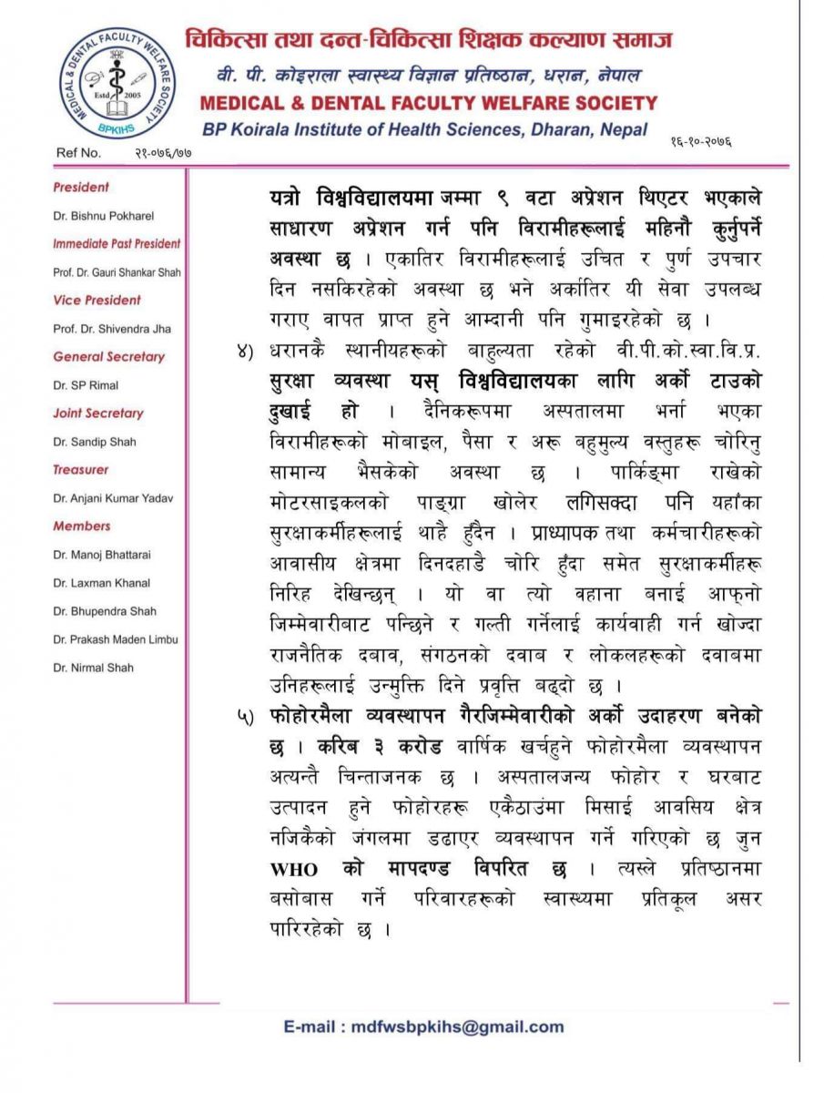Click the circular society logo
click(117, 83)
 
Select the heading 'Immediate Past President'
click(117, 244)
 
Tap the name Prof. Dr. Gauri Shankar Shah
click(117, 272)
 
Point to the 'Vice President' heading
click(97, 301)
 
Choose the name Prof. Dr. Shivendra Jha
click(110, 329)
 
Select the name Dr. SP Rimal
click(85, 385)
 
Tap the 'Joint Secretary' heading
click(98, 414)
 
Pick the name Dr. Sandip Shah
click(95, 442)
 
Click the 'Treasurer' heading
click(81, 470)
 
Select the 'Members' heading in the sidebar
click(82, 526)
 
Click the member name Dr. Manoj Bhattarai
click(101, 555)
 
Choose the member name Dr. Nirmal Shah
click(94, 668)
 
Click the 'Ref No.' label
click(79, 153)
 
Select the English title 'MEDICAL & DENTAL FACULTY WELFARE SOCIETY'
click(428, 102)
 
